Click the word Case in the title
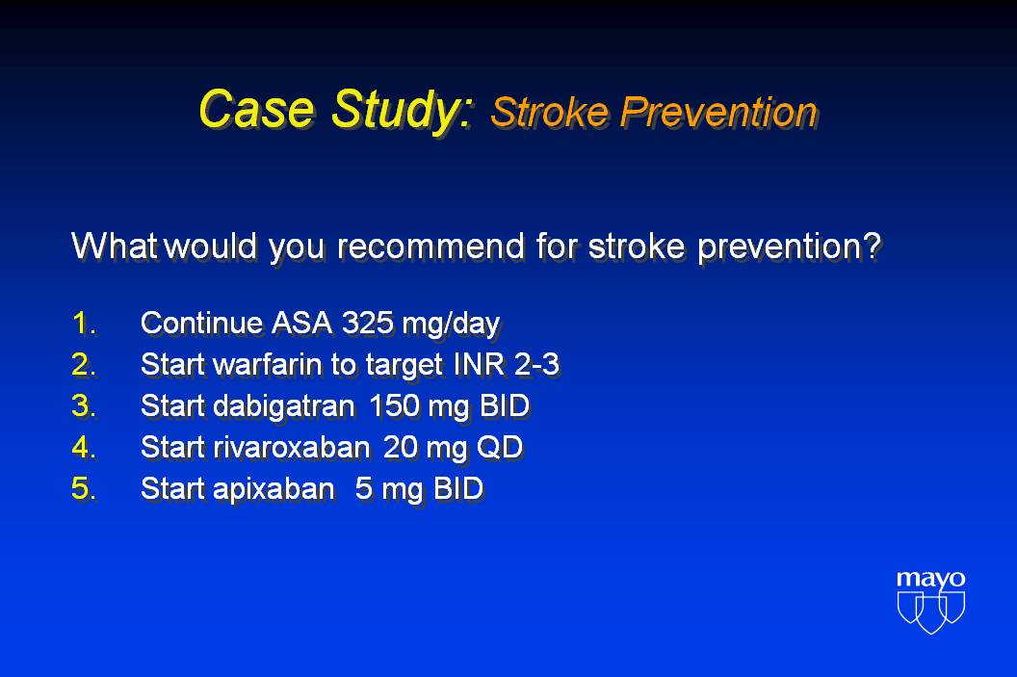[x=256, y=108]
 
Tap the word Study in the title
[x=402, y=110]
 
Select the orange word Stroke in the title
[x=550, y=112]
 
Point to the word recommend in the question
[x=430, y=247]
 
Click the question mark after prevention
[x=873, y=246]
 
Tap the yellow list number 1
[x=84, y=323]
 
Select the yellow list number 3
[x=84, y=406]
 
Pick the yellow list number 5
[x=84, y=488]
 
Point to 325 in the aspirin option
[x=367, y=323]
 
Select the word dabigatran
[x=283, y=406]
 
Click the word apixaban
[x=274, y=489]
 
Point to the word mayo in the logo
[x=930, y=579]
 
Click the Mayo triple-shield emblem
[x=930, y=612]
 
